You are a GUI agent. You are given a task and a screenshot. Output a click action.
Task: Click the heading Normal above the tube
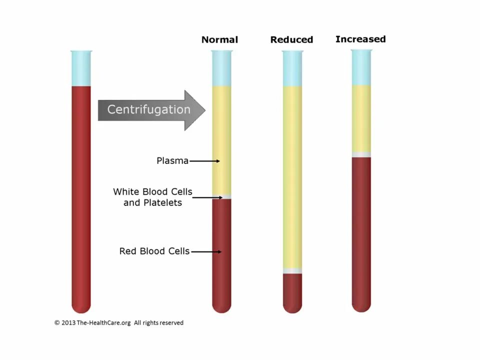[x=219, y=39]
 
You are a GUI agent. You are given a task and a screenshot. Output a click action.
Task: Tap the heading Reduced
[x=291, y=39]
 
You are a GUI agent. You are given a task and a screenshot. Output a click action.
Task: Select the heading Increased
[x=360, y=39]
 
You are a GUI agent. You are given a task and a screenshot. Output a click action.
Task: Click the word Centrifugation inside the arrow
[x=148, y=109]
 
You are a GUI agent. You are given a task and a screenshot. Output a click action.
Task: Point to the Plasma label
[x=172, y=160]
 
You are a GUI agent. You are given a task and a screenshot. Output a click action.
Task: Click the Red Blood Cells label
[x=154, y=251]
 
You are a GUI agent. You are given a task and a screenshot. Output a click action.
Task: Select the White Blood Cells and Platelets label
[x=152, y=197]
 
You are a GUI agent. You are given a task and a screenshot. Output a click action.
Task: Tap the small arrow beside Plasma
[x=204, y=161]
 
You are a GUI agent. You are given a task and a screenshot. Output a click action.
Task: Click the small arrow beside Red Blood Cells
[x=206, y=251]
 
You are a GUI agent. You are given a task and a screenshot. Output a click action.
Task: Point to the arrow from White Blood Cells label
[x=207, y=197]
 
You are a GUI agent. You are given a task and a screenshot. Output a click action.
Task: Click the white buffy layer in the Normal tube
[x=221, y=196]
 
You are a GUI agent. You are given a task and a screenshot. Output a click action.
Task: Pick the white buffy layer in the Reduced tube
[x=292, y=271]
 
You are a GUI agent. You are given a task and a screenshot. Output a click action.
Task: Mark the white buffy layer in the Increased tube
[x=361, y=154]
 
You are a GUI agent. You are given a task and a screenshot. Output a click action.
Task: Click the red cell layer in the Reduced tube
[x=292, y=292]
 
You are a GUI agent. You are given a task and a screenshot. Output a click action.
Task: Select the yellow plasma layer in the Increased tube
[x=361, y=118]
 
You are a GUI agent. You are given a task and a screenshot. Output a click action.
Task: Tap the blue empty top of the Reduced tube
[x=292, y=68]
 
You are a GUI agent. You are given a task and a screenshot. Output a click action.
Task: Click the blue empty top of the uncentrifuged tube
[x=81, y=68]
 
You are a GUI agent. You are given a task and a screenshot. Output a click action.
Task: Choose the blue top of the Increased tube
[x=361, y=67]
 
